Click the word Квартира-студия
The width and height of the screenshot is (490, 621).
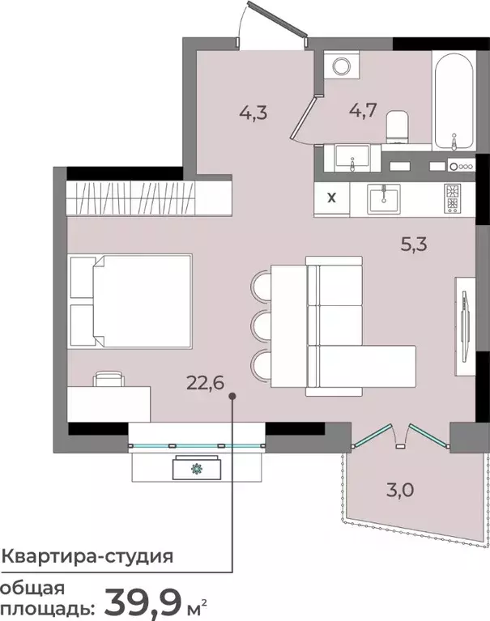click(87, 556)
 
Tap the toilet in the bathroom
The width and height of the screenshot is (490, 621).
click(398, 127)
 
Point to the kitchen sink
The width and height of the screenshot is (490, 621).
click(384, 198)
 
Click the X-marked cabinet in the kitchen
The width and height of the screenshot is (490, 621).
click(332, 197)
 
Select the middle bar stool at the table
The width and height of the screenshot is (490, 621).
click(261, 325)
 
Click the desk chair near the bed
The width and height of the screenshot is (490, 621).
click(109, 379)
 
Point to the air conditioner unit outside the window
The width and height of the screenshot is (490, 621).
click(196, 468)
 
